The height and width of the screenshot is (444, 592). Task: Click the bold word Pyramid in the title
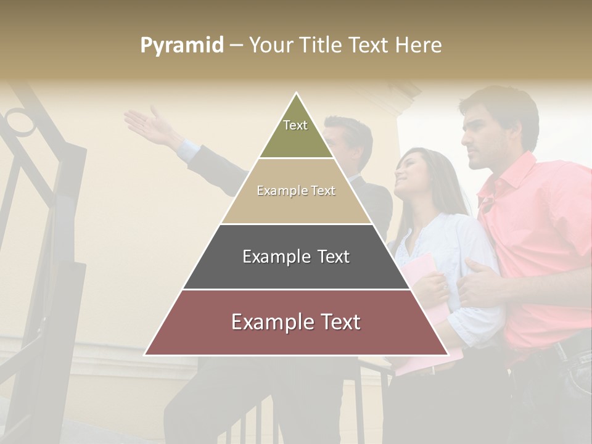tap(181, 46)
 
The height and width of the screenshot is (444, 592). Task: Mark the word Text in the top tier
tap(295, 125)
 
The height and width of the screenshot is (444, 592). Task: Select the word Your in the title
tap(270, 46)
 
